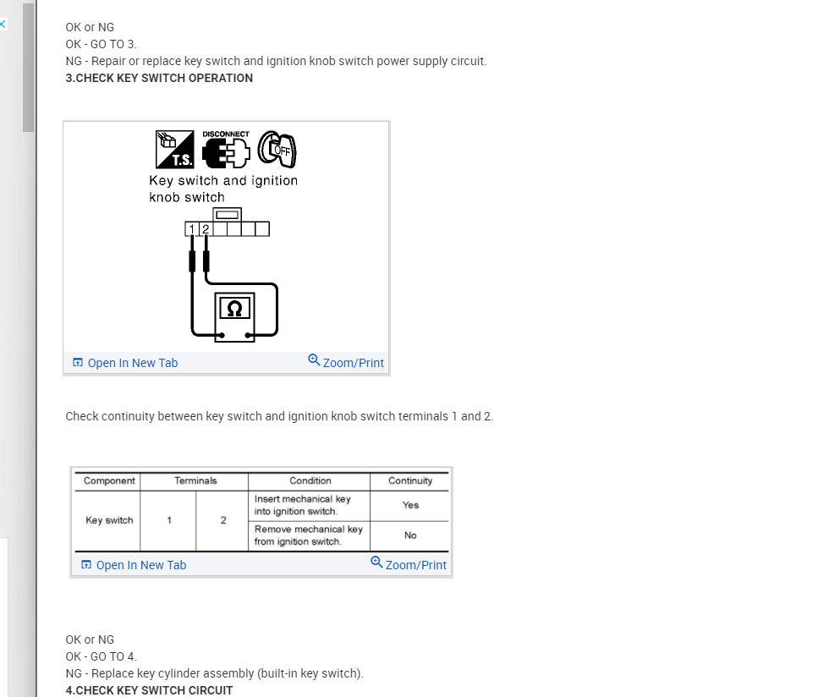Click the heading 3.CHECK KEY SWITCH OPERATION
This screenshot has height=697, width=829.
[x=159, y=79]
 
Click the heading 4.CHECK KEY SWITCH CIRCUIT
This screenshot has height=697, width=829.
[x=149, y=690]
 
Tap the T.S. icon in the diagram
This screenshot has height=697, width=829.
[x=174, y=150]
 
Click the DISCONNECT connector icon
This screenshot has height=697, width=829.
[x=226, y=149]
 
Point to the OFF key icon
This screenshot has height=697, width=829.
[x=277, y=149]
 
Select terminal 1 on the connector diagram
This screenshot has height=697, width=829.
[x=191, y=229]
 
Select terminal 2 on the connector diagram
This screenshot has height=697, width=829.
[x=206, y=229]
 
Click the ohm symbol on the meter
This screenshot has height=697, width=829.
[x=234, y=308]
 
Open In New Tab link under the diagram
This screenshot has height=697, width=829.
[x=125, y=363]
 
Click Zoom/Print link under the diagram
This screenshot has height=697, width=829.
[x=346, y=362]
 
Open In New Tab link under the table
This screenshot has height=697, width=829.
[x=134, y=565]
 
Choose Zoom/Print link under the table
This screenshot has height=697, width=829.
[x=408, y=563]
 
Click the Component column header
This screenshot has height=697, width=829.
[x=109, y=480]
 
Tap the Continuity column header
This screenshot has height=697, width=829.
[x=410, y=480]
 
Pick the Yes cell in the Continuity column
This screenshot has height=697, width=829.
[x=410, y=505]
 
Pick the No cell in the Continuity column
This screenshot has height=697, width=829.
[x=410, y=535]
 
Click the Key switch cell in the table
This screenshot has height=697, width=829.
[x=109, y=520]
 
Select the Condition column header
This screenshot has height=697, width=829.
[x=310, y=480]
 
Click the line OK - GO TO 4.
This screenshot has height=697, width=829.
[x=101, y=656]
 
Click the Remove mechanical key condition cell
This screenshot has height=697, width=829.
[x=309, y=535]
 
